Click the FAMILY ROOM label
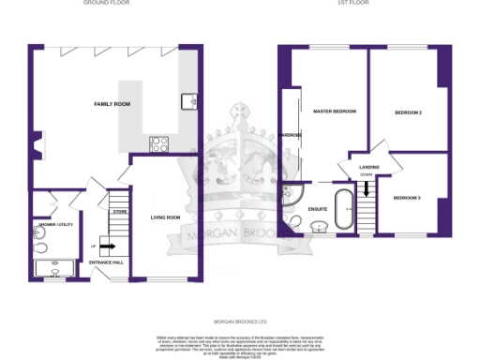click(112, 103)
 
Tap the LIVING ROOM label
click(165, 217)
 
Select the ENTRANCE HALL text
click(106, 262)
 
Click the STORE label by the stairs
click(119, 213)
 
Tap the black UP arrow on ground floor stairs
click(106, 247)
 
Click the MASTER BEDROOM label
click(335, 112)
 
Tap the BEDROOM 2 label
click(407, 112)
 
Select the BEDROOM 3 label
click(406, 198)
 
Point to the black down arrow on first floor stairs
click(367, 189)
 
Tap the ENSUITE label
click(317, 209)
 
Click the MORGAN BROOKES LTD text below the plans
click(240, 318)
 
